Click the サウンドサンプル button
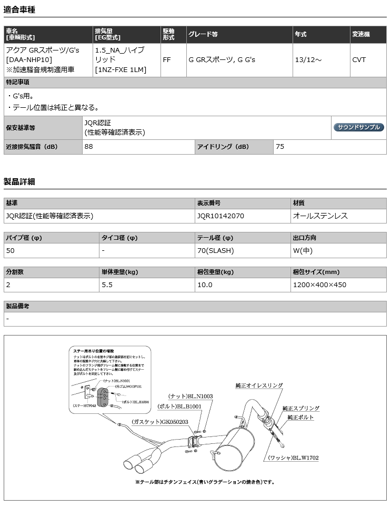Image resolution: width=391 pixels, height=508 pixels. [358, 127]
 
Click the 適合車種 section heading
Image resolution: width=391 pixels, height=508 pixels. [21, 9]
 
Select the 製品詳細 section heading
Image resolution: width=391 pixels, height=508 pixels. [21, 182]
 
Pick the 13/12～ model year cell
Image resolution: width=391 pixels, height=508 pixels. [308, 60]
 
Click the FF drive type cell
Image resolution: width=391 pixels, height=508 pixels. [167, 60]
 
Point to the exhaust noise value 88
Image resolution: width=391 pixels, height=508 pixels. [88, 147]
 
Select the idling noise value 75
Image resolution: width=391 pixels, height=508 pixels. [280, 147]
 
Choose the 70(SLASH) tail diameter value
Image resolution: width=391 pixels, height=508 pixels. [215, 250]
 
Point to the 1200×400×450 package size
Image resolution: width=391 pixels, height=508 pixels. [319, 285]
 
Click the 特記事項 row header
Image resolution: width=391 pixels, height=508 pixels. [17, 83]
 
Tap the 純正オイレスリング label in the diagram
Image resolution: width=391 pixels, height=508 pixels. [259, 385]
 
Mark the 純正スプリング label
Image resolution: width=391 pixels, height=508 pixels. [300, 408]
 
